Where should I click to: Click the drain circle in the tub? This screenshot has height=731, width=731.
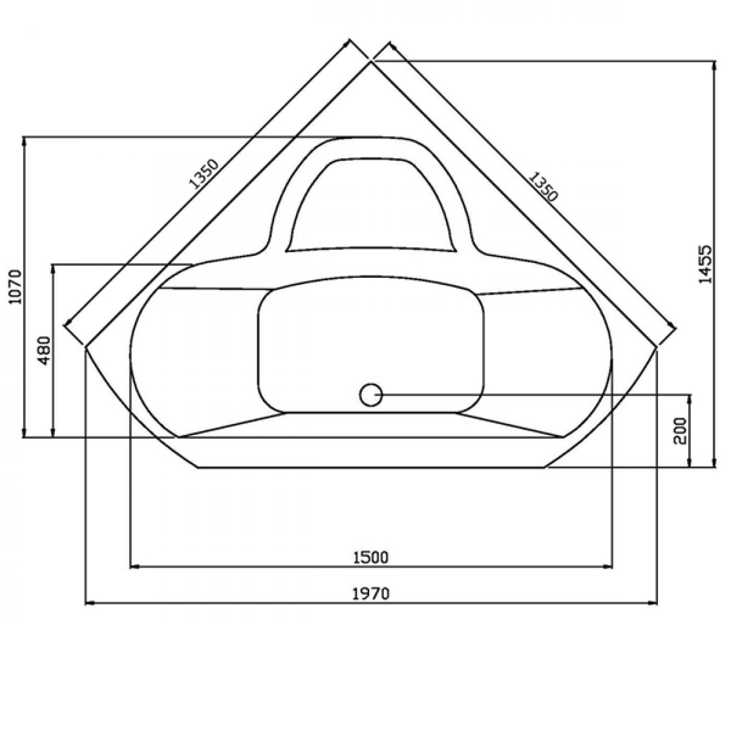[x=371, y=395]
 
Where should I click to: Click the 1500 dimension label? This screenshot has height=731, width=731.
[x=371, y=558]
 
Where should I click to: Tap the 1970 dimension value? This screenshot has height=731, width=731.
[x=371, y=594]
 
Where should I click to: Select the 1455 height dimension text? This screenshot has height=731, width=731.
[x=705, y=264]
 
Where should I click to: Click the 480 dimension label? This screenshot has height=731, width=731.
[x=45, y=350]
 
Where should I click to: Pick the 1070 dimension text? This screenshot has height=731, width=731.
[x=16, y=286]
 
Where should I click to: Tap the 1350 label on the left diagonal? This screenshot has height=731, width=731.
[x=203, y=173]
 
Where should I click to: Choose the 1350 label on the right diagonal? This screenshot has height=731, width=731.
[x=543, y=186]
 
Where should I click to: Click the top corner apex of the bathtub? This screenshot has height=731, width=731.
[x=371, y=62]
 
